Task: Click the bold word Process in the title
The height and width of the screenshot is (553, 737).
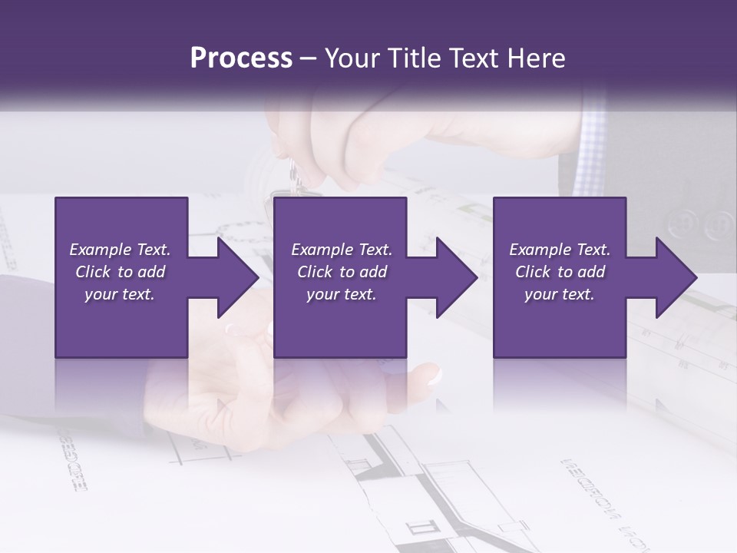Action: tap(241, 58)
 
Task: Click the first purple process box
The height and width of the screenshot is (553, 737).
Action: tap(121, 323)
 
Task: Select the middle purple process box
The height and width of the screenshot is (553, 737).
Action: tap(340, 323)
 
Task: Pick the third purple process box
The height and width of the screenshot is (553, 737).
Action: tap(559, 323)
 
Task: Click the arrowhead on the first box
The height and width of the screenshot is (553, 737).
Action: tap(234, 277)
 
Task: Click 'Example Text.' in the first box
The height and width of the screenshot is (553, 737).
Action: tap(120, 250)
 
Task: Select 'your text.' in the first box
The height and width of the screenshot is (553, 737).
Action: tap(120, 294)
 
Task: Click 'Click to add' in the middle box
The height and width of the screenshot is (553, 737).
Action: tap(342, 272)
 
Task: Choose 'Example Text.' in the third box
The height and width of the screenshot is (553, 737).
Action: tap(560, 250)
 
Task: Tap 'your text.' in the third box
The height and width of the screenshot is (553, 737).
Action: tap(560, 294)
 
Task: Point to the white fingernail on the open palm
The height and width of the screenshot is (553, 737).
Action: tap(435, 376)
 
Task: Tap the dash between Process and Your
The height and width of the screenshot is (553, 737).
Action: tap(309, 59)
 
